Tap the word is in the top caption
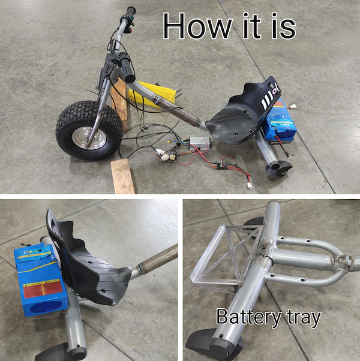coord(281,26)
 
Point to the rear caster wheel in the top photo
coord(279,170)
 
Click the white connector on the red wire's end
coord(250,185)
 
